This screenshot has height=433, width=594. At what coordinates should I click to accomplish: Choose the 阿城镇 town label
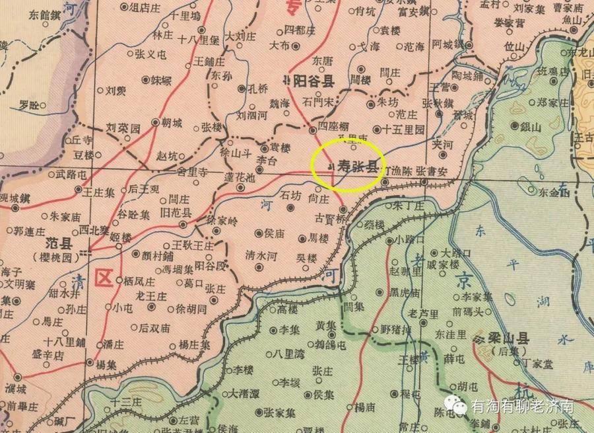tap(448, 45)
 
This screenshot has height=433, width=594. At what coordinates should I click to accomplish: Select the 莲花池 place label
tap(239, 177)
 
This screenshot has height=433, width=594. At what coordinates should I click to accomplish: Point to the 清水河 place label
tap(261, 254)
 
